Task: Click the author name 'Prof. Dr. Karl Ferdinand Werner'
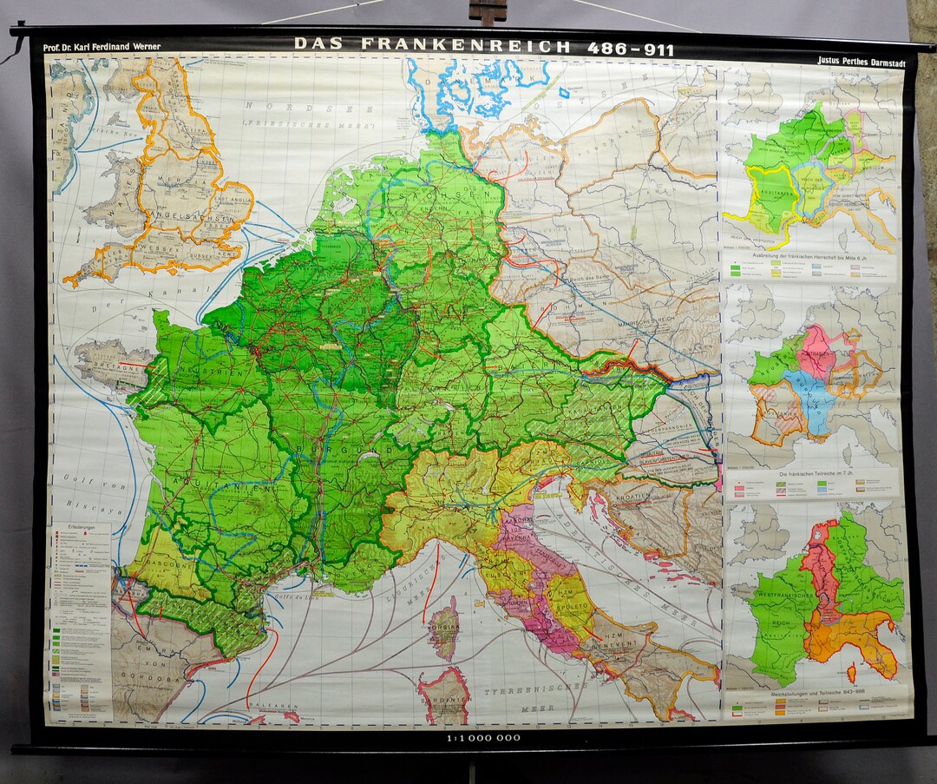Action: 102,46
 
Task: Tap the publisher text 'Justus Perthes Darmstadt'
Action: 859,61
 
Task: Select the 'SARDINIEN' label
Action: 445,695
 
